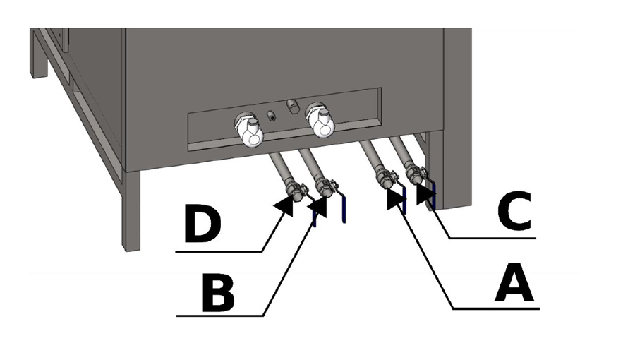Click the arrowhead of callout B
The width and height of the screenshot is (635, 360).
pos(319,207)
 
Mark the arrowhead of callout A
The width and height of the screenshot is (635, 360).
pos(396,200)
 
